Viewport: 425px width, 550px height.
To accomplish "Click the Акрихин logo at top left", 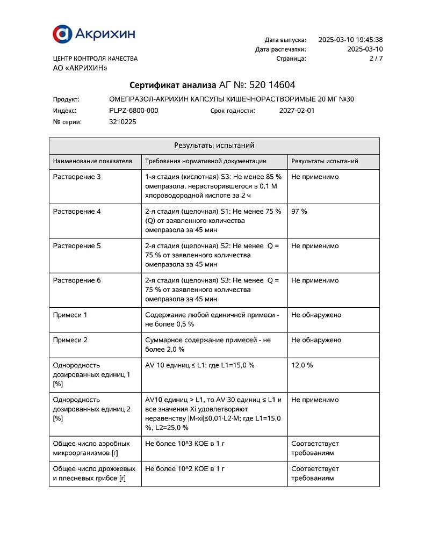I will click(93, 34).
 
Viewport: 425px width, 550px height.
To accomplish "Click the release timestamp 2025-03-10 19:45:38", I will click(350, 40).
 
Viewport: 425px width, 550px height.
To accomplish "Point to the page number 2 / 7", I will click(376, 59).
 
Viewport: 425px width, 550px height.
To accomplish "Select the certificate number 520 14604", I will click(272, 85).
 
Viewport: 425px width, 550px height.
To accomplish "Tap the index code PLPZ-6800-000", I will click(134, 111).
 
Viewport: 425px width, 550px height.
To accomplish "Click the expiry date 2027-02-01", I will click(297, 111).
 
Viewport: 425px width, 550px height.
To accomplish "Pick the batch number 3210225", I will click(123, 122).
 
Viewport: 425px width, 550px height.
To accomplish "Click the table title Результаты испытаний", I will click(214, 146).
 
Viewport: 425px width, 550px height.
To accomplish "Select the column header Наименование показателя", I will click(92, 161).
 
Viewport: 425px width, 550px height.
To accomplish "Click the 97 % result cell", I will click(299, 212).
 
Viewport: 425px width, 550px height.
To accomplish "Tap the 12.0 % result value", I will click(302, 365).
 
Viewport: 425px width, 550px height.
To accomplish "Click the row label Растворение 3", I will click(77, 177).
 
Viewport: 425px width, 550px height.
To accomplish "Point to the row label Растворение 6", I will click(77, 280).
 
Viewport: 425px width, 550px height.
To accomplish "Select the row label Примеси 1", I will click(70, 315).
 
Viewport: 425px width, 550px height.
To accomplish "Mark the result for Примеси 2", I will click(316, 340).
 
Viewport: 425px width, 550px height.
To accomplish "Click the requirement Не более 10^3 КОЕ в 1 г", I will click(185, 444).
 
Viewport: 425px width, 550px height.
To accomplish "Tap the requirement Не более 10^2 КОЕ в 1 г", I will click(185, 468).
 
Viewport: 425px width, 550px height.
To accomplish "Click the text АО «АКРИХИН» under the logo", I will click(80, 68).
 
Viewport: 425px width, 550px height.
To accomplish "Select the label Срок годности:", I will click(233, 111).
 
